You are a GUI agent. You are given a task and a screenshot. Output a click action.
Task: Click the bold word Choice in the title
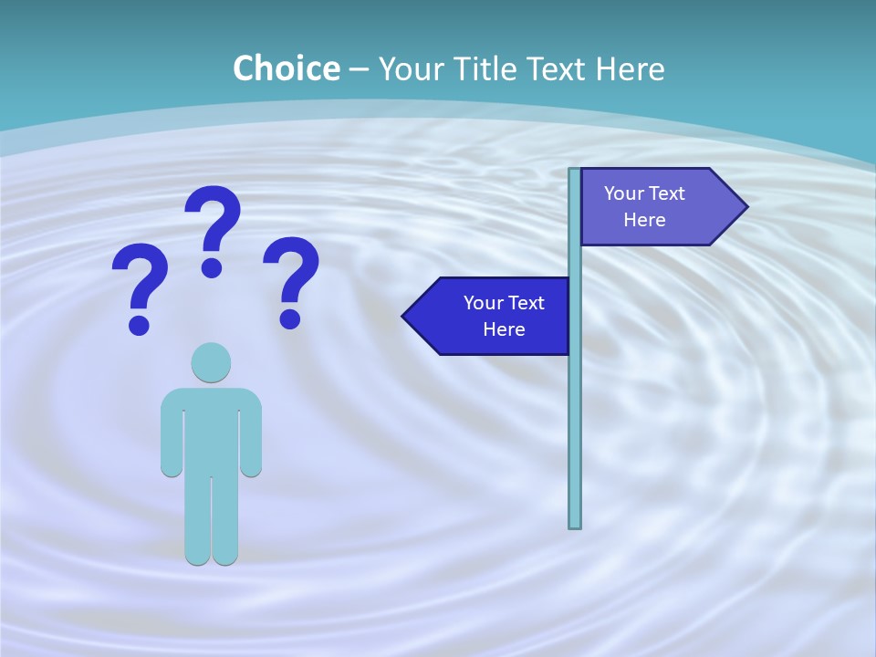(286, 68)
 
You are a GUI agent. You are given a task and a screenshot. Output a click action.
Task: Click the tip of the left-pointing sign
(404, 317)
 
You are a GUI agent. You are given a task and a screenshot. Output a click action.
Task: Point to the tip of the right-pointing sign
(746, 207)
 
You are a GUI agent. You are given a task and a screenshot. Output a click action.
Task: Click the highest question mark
(214, 219)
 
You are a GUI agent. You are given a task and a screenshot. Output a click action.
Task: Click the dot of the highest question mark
(212, 267)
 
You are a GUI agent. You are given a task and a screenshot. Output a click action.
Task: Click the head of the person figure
(211, 362)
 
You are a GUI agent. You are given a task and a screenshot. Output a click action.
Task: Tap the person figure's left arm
(172, 433)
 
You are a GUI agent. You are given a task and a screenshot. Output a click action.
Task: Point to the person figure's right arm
(251, 433)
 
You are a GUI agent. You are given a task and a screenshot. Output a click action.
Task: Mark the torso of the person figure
(211, 429)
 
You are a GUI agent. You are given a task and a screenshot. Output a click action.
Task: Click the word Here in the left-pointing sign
(504, 329)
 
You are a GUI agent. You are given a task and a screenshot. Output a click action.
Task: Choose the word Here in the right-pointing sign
(644, 220)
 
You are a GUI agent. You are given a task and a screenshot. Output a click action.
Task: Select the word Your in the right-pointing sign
(624, 193)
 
